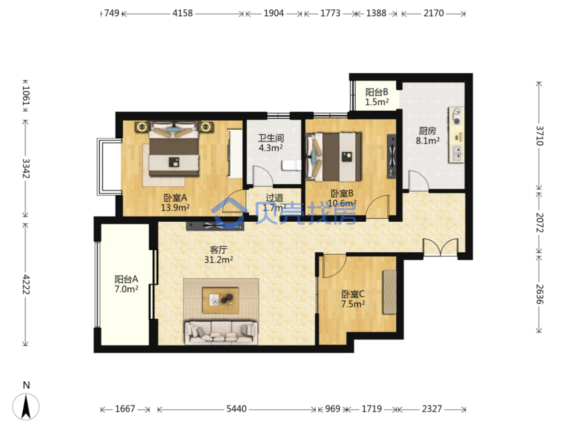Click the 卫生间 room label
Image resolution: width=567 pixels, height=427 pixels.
[271, 138]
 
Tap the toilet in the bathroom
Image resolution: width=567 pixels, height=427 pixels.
[291, 165]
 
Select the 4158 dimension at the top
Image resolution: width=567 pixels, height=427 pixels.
[182, 13]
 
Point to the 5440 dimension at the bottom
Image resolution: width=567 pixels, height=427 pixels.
[236, 409]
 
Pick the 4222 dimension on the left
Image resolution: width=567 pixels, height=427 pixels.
[26, 284]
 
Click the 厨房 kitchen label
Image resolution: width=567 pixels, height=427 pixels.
[427, 131]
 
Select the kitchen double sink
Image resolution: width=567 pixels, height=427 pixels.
[457, 154]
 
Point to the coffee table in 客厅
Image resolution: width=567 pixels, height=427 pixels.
[220, 300]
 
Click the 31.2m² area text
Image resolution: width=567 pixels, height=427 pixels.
[219, 259]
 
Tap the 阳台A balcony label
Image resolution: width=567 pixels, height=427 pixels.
[126, 279]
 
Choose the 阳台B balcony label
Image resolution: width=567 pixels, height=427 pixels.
[376, 92]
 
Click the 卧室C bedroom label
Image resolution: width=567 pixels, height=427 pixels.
[353, 294]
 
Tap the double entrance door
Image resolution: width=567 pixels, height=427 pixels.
[440, 247]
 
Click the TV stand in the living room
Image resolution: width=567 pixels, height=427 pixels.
[215, 226]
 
